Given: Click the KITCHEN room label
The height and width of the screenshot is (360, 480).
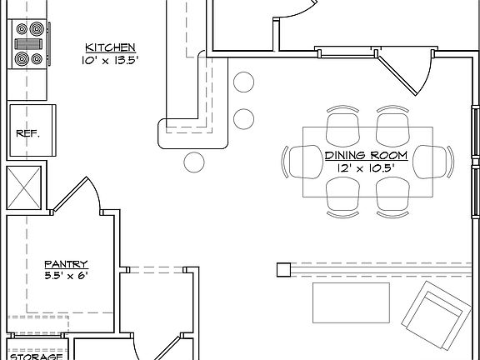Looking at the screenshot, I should pyautogui.click(x=110, y=47).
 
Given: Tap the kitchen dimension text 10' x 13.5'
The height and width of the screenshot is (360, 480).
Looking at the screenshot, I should pyautogui.click(x=110, y=59).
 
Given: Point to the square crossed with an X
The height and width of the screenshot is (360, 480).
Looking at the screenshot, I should pyautogui.click(x=23, y=188).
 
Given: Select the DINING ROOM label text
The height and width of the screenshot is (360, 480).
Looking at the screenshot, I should pyautogui.click(x=365, y=155).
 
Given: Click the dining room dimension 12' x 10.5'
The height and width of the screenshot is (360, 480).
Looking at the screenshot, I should pyautogui.click(x=365, y=167).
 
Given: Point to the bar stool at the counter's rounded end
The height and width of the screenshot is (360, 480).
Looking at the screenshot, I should pyautogui.click(x=193, y=161).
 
